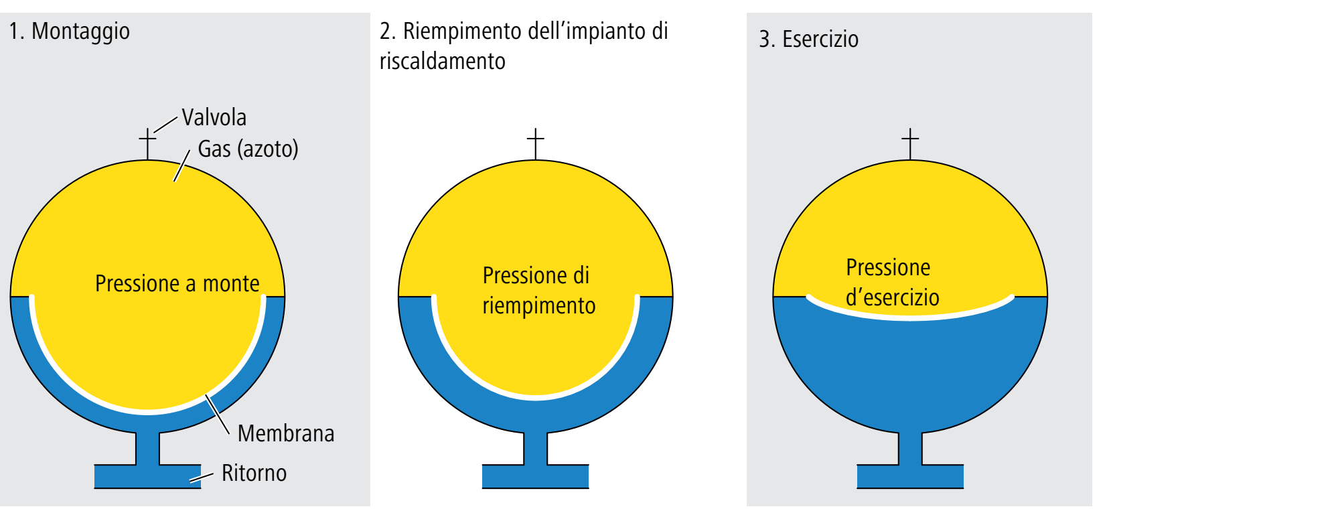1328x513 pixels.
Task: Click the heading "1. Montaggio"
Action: click(x=70, y=31)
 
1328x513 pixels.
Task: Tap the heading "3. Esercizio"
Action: click(x=808, y=40)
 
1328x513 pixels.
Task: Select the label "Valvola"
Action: click(x=214, y=118)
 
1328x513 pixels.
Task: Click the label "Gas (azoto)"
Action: click(x=248, y=149)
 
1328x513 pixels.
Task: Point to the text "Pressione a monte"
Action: click(x=177, y=283)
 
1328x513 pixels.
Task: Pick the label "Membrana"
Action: click(x=286, y=433)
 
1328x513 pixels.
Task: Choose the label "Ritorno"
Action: click(x=254, y=473)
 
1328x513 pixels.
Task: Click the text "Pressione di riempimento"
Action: click(x=538, y=291)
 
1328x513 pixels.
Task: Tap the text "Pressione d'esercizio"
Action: click(x=891, y=283)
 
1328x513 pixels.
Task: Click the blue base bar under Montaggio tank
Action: click(x=147, y=476)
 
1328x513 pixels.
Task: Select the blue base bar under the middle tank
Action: click(x=535, y=476)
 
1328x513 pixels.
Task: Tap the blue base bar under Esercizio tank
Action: click(x=910, y=476)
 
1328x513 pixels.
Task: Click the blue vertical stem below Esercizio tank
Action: click(x=910, y=447)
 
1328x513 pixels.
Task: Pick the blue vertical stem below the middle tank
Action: click(x=535, y=447)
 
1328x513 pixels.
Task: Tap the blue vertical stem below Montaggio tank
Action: click(x=147, y=447)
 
